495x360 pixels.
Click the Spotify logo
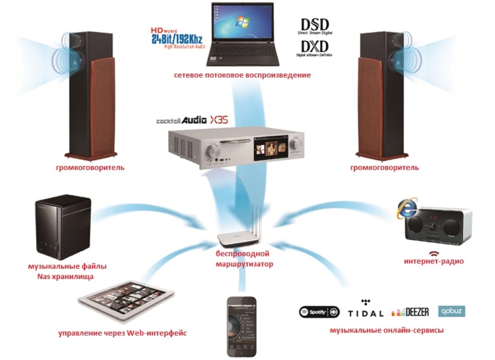click(319, 312)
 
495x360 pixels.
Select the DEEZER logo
click(410, 312)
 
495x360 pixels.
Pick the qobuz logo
click(452, 311)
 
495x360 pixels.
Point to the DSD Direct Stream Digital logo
click(316, 27)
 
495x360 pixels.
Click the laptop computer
click(242, 34)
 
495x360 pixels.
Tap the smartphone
click(242, 326)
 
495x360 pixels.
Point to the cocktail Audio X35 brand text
click(191, 120)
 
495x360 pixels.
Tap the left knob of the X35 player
click(213, 151)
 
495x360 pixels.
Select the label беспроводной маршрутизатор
click(242, 259)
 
